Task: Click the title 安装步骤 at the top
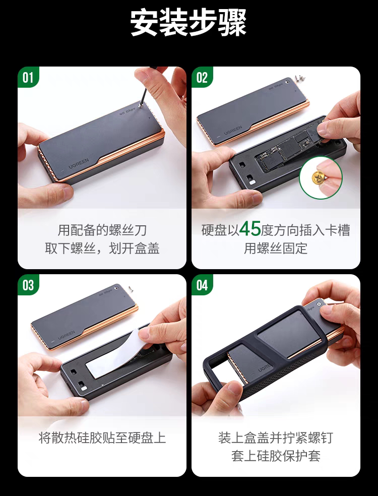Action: click(x=188, y=23)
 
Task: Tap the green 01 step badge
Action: click(x=28, y=77)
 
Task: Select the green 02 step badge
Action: click(x=202, y=77)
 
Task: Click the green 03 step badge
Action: click(x=28, y=285)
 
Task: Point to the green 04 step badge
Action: click(x=202, y=285)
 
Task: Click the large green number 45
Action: click(x=250, y=229)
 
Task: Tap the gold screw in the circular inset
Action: click(x=318, y=177)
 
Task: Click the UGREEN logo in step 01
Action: click(x=79, y=163)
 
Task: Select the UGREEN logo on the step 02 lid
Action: click(x=233, y=131)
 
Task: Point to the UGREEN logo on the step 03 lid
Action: click(x=67, y=335)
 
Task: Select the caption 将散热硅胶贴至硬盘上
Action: click(x=102, y=438)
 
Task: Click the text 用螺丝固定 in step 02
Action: click(x=276, y=249)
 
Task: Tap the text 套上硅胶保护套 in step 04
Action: click(x=276, y=456)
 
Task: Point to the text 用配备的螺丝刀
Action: click(x=102, y=230)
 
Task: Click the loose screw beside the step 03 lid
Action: click(x=130, y=288)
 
